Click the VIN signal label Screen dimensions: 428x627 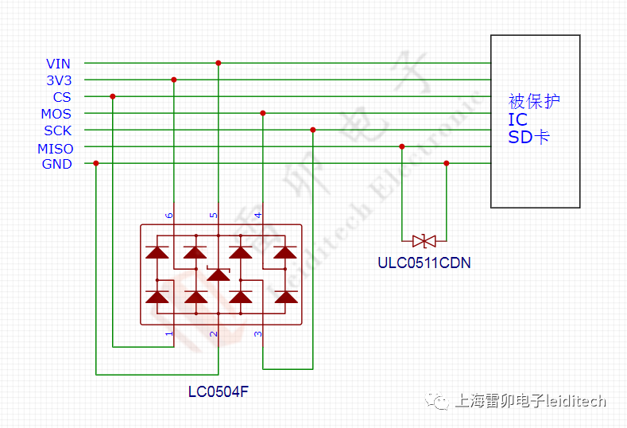[58, 64]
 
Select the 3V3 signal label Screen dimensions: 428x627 [58, 80]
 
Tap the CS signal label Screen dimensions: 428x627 [62, 97]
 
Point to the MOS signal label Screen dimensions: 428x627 [56, 114]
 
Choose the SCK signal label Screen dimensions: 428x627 [58, 130]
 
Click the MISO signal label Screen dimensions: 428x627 [55, 148]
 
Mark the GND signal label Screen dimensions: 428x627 [57, 165]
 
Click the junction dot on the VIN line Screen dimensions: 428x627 [219, 63]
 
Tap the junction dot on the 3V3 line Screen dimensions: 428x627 [173, 80]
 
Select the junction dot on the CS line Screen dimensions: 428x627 [113, 96]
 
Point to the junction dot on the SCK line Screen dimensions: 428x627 [313, 130]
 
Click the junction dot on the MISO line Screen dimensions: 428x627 [401, 146]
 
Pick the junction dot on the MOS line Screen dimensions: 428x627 [263, 113]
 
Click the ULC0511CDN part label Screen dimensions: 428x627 [424, 263]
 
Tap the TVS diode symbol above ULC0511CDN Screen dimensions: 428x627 [424, 240]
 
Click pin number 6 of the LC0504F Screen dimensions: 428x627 [168, 216]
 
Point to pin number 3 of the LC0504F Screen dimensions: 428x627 [257, 333]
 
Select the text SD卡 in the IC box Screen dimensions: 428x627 [529, 137]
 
